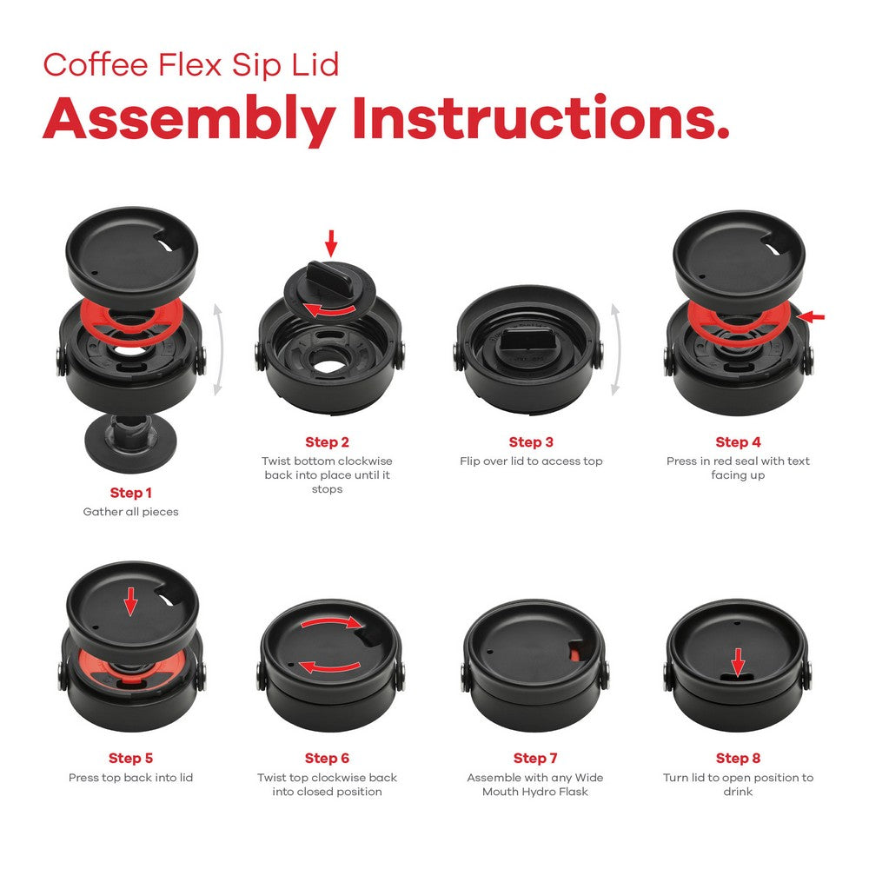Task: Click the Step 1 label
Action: [x=130, y=493]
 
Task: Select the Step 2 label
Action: [x=327, y=442]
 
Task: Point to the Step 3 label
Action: [x=531, y=442]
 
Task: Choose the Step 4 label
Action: [x=738, y=442]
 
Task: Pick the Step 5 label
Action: [x=130, y=759]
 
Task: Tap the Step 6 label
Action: [x=327, y=759]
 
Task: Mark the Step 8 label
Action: [x=738, y=759]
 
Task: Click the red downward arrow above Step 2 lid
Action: [x=330, y=242]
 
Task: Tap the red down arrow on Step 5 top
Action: [x=130, y=600]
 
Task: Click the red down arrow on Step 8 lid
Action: [x=738, y=663]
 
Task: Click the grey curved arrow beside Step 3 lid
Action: [x=616, y=348]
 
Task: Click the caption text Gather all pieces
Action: [x=130, y=512]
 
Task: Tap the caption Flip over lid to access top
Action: [x=531, y=461]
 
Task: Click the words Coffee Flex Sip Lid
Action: [x=191, y=65]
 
